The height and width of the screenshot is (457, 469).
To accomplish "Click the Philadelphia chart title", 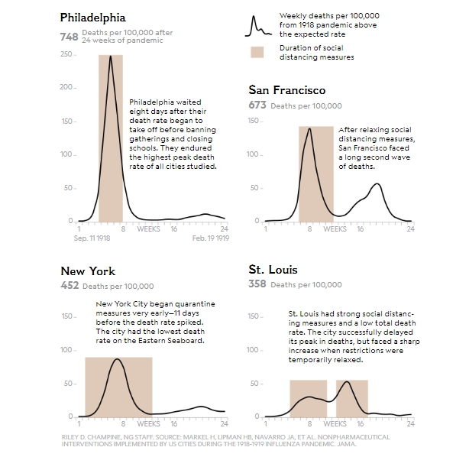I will click(x=93, y=17).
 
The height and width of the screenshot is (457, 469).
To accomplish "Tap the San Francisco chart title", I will click(x=286, y=90).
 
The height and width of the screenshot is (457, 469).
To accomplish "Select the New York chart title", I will click(x=88, y=271).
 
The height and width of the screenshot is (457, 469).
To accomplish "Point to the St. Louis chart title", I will click(x=273, y=270).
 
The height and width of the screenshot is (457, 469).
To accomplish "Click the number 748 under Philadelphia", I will click(x=70, y=36).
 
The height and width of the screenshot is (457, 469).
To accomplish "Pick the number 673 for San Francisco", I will click(x=257, y=105).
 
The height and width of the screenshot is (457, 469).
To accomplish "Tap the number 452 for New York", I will click(x=70, y=286).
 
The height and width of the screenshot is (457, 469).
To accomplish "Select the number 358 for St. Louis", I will click(x=257, y=285).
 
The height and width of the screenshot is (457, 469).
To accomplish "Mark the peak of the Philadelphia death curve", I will click(x=111, y=57).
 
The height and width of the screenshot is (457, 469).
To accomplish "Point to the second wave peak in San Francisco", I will click(x=377, y=184).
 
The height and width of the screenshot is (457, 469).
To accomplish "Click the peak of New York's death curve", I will click(x=117, y=359).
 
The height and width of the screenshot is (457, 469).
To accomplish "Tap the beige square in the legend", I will click(x=257, y=52).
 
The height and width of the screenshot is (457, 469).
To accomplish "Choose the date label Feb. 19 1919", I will click(x=210, y=238).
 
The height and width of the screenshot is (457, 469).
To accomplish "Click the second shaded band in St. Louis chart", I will click(x=352, y=397).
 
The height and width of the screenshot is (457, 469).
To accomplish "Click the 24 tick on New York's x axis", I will click(x=223, y=423).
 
